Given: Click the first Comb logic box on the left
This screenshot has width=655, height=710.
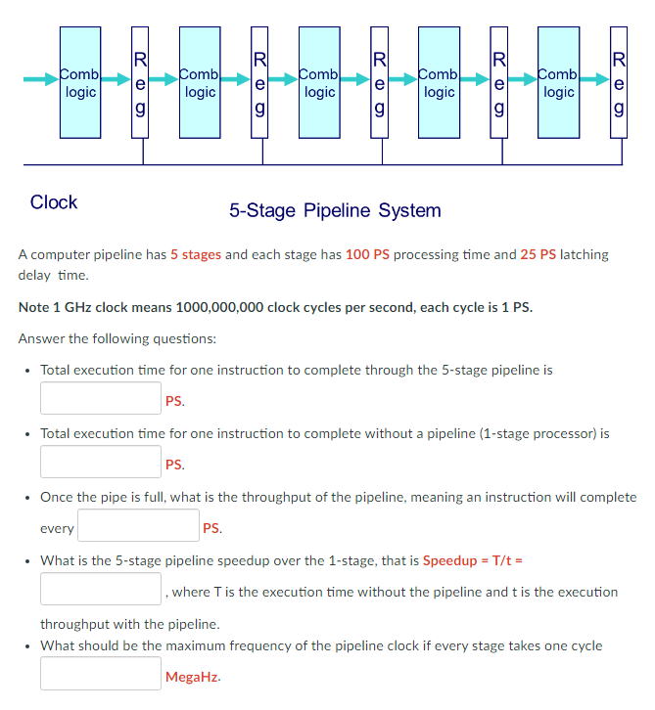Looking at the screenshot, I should click(x=79, y=82).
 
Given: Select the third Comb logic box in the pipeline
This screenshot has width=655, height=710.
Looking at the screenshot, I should click(x=319, y=82).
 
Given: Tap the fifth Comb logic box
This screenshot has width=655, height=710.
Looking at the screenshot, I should click(x=558, y=82).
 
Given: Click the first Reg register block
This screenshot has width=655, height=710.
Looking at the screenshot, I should click(x=140, y=82).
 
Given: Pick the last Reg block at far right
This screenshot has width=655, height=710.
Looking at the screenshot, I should click(x=619, y=82).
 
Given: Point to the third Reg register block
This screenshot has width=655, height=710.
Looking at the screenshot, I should click(x=380, y=82).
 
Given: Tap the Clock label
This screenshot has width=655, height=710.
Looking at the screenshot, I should click(x=54, y=202).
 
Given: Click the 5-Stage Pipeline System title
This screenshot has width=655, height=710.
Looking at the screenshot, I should click(x=335, y=210).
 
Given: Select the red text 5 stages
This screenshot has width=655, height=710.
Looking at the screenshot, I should click(x=196, y=254).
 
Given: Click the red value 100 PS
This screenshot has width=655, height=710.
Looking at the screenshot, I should click(x=367, y=254).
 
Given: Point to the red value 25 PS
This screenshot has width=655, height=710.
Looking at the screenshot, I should click(x=538, y=254).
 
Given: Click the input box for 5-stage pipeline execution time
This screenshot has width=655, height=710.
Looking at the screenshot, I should click(x=101, y=399).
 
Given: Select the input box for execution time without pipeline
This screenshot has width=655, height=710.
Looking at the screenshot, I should click(x=101, y=463).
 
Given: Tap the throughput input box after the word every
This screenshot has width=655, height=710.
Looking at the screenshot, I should click(x=138, y=527).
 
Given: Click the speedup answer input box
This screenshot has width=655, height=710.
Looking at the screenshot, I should click(x=101, y=590).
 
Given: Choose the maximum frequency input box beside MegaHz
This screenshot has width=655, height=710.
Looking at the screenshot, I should click(x=101, y=675).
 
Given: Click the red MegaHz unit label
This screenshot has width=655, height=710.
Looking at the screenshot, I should click(x=193, y=676).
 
